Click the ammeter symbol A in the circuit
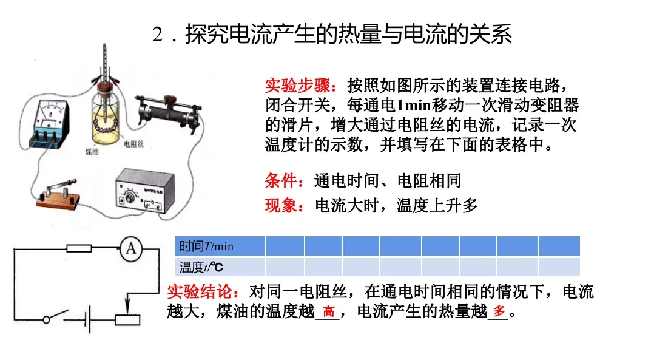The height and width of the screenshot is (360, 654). point(130,249)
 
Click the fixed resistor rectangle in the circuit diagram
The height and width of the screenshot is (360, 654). point(79,248)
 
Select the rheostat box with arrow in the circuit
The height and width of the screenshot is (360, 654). point(127,320)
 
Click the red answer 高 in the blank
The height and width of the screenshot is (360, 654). point(328,313)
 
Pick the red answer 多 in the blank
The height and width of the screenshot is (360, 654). point(498,313)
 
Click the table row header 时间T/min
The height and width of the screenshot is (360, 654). point(207,246)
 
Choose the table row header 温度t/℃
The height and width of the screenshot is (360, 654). point(201,267)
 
